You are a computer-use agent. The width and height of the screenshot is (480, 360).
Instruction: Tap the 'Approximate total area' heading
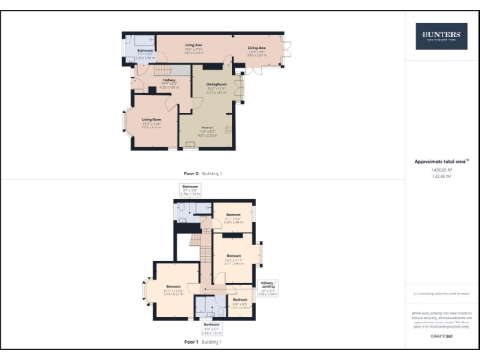[x=440, y=161]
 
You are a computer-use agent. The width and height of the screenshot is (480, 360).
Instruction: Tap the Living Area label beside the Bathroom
[x=195, y=44]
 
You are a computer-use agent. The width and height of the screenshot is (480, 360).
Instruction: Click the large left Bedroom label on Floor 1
[x=173, y=287]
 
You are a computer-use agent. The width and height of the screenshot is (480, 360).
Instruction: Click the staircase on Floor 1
[x=201, y=248]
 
